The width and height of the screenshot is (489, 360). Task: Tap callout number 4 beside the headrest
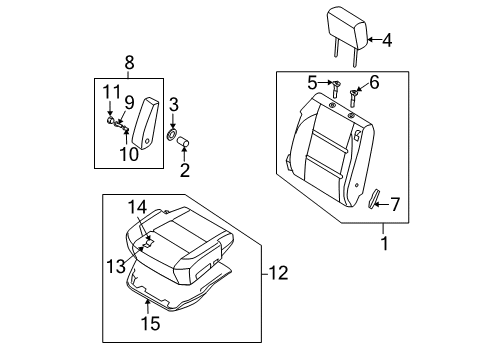388,41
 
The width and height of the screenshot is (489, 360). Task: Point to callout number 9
129,101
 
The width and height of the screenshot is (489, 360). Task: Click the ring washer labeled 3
172,133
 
